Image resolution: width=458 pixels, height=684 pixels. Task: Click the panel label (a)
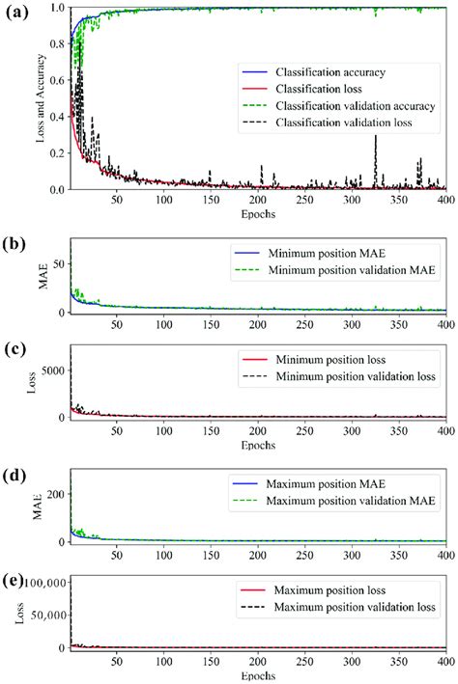15,13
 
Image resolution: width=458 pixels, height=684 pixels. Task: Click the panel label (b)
15,244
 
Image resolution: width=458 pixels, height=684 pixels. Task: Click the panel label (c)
15,354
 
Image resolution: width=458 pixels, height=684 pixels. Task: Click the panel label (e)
15,582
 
